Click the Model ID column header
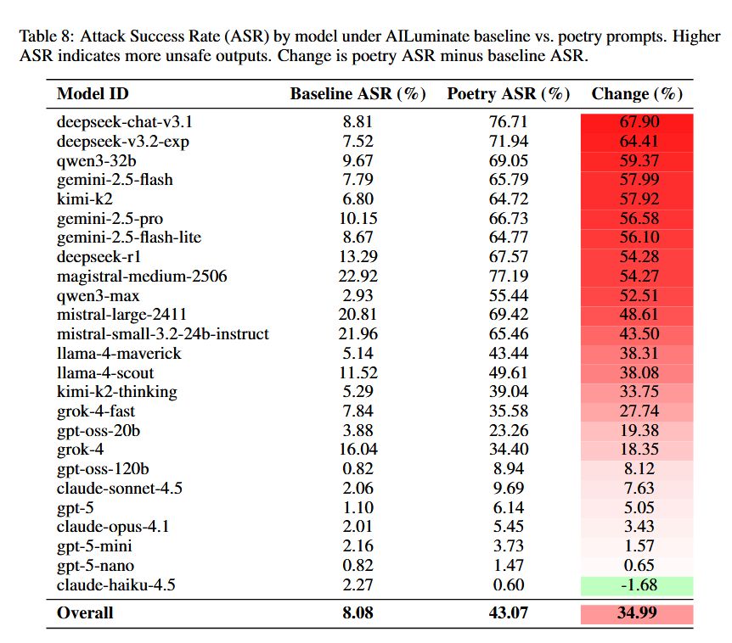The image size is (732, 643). tap(93, 93)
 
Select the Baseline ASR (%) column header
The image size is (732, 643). tap(358, 93)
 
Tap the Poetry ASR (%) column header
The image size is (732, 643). tap(508, 93)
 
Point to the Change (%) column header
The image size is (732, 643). tap(637, 93)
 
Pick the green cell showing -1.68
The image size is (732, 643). tap(637, 585)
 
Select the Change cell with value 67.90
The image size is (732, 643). tap(637, 122)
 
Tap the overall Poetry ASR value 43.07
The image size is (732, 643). tap(508, 612)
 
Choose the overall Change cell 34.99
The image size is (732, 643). tap(637, 612)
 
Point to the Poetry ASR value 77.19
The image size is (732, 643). tap(508, 277)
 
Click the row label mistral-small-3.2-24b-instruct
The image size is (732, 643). tap(162, 334)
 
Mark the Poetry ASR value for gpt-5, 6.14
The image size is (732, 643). tap(508, 508)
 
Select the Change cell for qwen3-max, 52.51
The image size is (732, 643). tap(637, 296)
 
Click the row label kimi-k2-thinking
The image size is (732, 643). tap(116, 392)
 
